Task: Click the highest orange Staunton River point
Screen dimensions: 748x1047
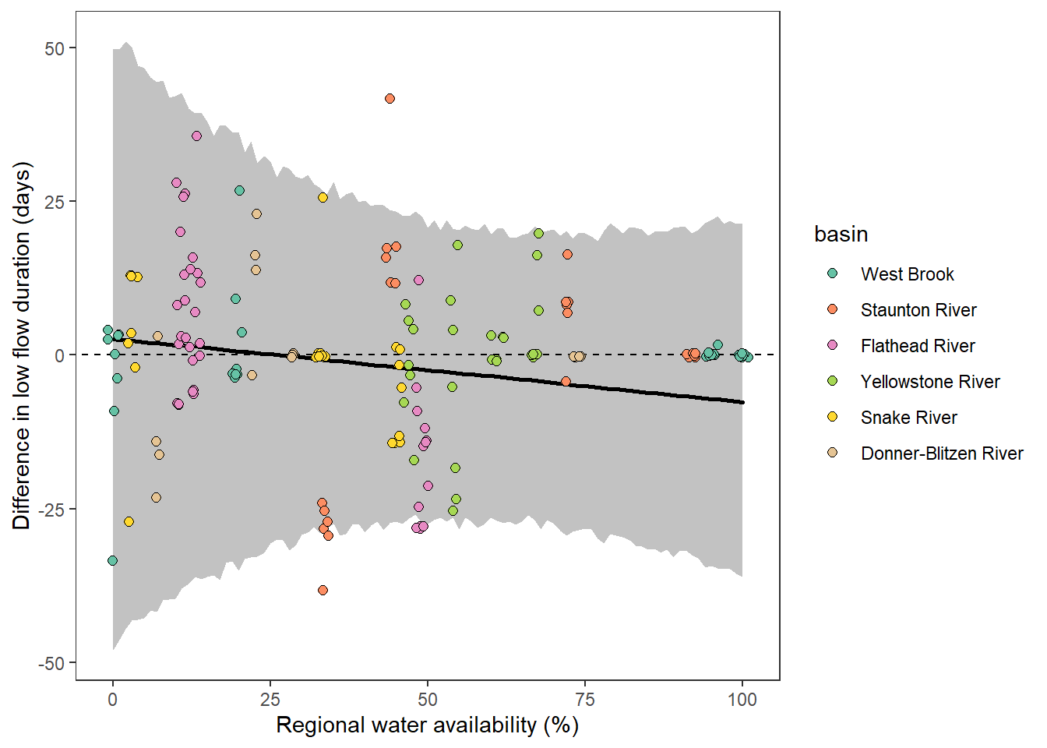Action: point(390,99)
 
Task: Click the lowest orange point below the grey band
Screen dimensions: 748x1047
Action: point(323,590)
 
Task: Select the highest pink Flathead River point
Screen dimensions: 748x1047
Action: point(196,136)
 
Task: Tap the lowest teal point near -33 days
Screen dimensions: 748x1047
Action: point(112,560)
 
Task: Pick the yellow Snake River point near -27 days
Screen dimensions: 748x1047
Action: point(129,521)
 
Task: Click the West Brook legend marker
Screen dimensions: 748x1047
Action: point(832,273)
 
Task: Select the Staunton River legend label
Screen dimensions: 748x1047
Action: point(918,310)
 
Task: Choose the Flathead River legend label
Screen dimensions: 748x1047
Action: point(917,346)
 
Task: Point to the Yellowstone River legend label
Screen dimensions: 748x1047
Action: point(929,382)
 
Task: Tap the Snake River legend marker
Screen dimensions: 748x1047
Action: point(832,417)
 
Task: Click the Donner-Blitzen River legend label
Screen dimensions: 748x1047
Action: point(941,453)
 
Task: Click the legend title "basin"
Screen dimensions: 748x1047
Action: point(841,234)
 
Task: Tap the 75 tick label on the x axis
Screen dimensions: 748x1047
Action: point(584,699)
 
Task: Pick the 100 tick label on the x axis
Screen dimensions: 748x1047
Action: point(742,699)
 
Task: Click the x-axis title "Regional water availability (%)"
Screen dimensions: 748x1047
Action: point(427,725)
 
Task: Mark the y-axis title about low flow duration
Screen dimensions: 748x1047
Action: point(21,346)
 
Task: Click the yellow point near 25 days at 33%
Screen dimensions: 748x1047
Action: point(323,198)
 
